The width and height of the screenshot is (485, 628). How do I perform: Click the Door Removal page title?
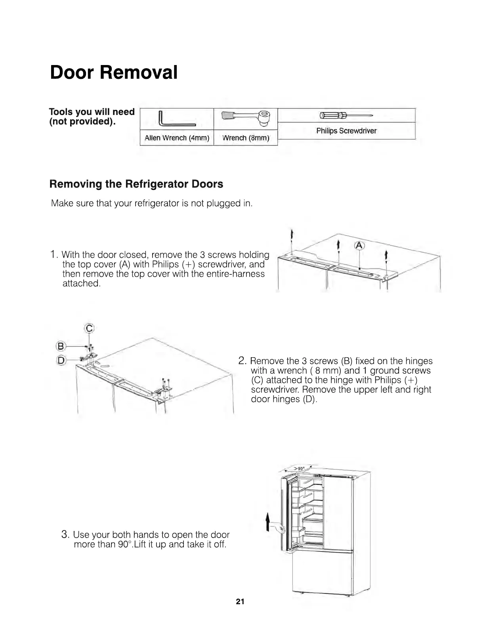coord(114,73)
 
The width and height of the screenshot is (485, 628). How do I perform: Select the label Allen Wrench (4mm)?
coord(177,138)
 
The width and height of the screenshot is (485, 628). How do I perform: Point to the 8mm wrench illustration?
coord(246,117)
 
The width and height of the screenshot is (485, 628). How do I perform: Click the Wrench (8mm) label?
coord(246,138)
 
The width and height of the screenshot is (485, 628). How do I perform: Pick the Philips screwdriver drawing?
coord(346,116)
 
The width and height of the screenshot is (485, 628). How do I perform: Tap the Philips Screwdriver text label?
coord(346,131)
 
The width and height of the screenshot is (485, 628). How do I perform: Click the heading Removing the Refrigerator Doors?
coord(136,184)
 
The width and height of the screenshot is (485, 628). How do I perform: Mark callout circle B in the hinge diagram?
coord(61,346)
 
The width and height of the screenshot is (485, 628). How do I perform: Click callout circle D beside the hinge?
coord(61,360)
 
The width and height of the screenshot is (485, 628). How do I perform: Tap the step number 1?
coord(54,255)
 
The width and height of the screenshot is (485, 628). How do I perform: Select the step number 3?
coord(66,534)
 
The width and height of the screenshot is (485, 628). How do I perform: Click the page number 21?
coord(240,602)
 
